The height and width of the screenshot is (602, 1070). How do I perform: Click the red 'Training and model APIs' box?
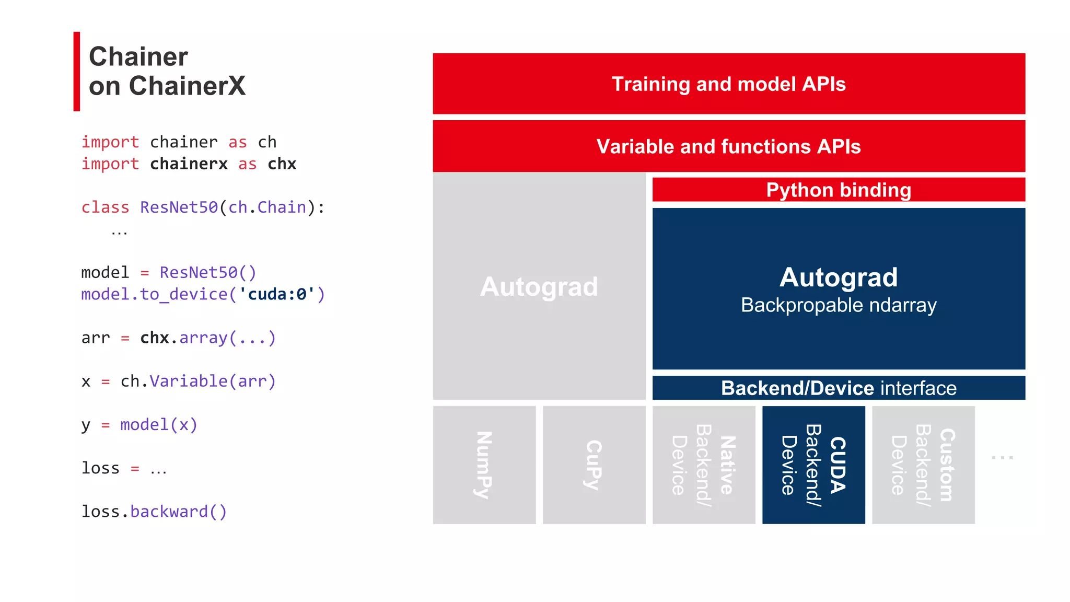(728, 84)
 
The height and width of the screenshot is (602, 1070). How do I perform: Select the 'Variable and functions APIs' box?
(728, 146)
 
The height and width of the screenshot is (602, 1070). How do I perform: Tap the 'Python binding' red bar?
(838, 190)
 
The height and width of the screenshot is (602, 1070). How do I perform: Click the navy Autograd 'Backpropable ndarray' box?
(838, 288)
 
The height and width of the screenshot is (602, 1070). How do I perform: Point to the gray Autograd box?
(539, 286)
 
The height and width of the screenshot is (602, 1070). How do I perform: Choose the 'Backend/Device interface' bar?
(838, 388)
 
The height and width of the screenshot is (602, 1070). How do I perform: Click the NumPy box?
(484, 465)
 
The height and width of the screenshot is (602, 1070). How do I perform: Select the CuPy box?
(594, 465)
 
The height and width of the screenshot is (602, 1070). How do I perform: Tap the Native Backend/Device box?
(703, 465)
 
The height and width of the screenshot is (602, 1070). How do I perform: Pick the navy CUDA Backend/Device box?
(813, 465)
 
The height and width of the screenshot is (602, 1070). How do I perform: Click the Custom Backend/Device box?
(923, 465)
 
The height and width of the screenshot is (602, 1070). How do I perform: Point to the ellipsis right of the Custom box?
(1002, 457)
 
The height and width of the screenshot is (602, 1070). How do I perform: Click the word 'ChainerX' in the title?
(187, 86)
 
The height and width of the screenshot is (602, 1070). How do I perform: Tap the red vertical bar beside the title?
(77, 72)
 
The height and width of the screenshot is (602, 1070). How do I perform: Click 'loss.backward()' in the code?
(154, 512)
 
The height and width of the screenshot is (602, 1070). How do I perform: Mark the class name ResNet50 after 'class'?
(179, 207)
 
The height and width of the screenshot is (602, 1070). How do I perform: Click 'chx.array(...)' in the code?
(207, 338)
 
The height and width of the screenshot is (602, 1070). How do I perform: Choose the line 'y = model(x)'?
(139, 425)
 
